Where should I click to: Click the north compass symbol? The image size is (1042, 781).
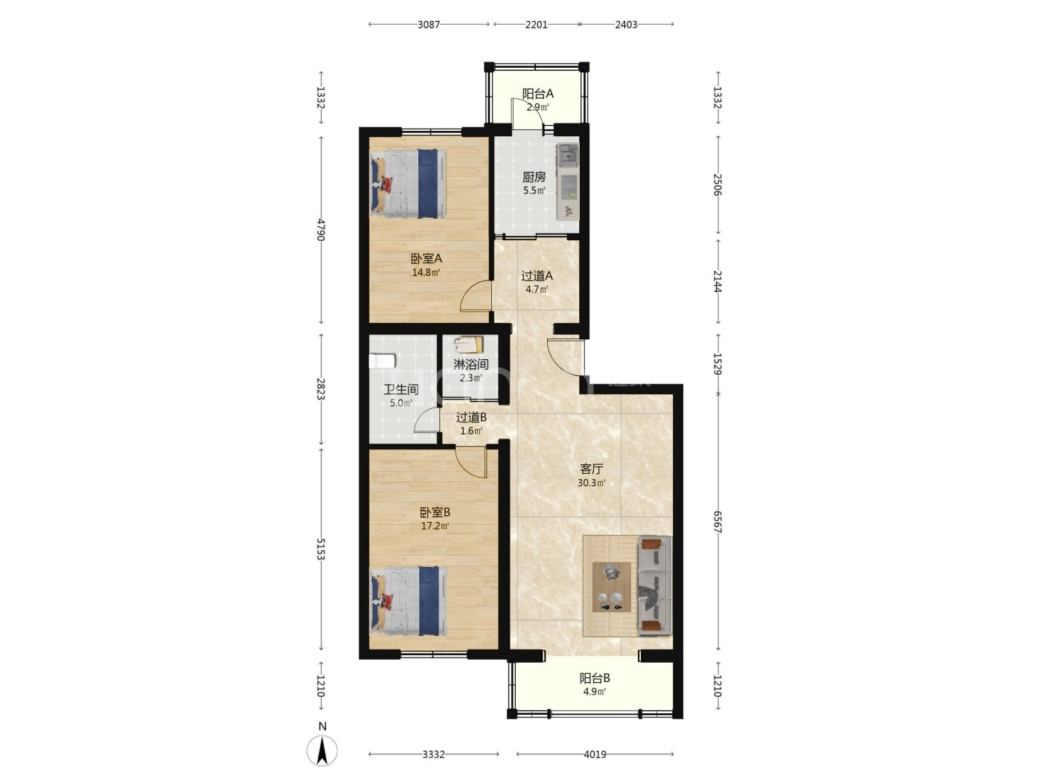(322, 751)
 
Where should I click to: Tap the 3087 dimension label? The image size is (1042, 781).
(429, 25)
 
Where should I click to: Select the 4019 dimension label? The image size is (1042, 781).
(595, 754)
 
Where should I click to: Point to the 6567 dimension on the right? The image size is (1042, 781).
(717, 521)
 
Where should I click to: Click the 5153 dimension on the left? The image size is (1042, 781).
(321, 549)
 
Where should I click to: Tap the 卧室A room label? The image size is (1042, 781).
(426, 258)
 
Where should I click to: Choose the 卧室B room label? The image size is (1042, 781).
(435, 512)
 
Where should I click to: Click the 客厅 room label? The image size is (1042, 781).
(591, 469)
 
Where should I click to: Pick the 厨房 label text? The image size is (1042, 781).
(534, 177)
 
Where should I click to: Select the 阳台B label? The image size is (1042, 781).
(595, 678)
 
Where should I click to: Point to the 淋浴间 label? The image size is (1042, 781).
(471, 364)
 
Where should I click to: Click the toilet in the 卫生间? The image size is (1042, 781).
(382, 361)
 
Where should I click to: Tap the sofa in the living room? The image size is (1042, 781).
(655, 585)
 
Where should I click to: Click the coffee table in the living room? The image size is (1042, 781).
(612, 587)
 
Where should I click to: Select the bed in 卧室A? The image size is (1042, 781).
(409, 184)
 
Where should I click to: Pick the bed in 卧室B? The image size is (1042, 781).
(409, 601)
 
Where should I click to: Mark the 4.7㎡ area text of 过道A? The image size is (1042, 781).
(537, 289)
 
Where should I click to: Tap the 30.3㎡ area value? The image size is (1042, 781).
(591, 483)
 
